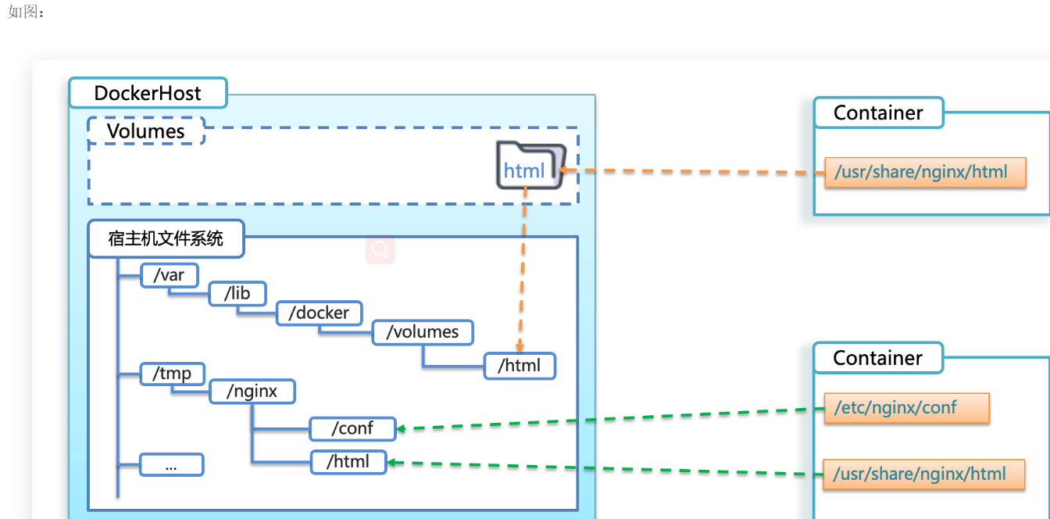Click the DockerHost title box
(148, 93)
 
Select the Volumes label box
(146, 131)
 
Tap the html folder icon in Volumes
(531, 166)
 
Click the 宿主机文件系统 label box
(166, 238)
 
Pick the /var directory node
(170, 275)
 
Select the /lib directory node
(237, 293)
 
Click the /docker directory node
(320, 313)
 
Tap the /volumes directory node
(423, 332)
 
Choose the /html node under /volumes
(520, 366)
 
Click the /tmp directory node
(173, 374)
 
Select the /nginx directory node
(252, 391)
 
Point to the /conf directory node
(352, 428)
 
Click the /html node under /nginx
(348, 462)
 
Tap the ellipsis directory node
(172, 464)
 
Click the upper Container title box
(878, 113)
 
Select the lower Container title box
(878, 358)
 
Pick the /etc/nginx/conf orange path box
(906, 408)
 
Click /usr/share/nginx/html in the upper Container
(925, 172)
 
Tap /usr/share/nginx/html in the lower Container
(924, 474)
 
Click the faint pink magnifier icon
(380, 249)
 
